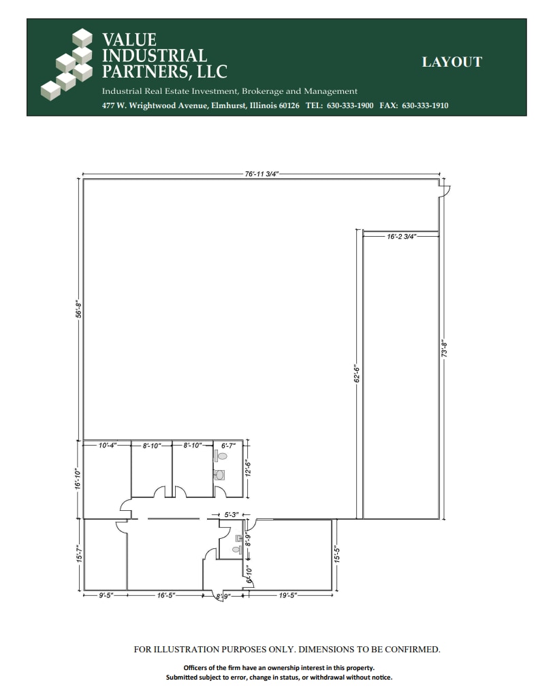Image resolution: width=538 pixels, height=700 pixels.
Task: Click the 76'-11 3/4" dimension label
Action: [262, 174]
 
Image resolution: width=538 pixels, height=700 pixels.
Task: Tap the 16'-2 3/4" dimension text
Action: [401, 237]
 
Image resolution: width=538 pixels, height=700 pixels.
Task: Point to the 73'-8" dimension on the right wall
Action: [443, 349]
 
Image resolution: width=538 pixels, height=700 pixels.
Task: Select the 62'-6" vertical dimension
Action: [355, 375]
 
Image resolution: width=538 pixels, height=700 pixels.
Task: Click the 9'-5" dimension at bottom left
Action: [106, 595]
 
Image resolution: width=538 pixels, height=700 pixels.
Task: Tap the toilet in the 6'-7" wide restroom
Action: [221, 456]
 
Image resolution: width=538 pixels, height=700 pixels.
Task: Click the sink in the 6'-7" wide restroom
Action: [219, 475]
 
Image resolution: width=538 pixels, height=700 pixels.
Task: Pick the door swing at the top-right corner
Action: [443, 190]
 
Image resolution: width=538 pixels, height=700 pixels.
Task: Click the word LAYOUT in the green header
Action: [452, 62]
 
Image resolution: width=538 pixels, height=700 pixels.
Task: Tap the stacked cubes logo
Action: [69, 63]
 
